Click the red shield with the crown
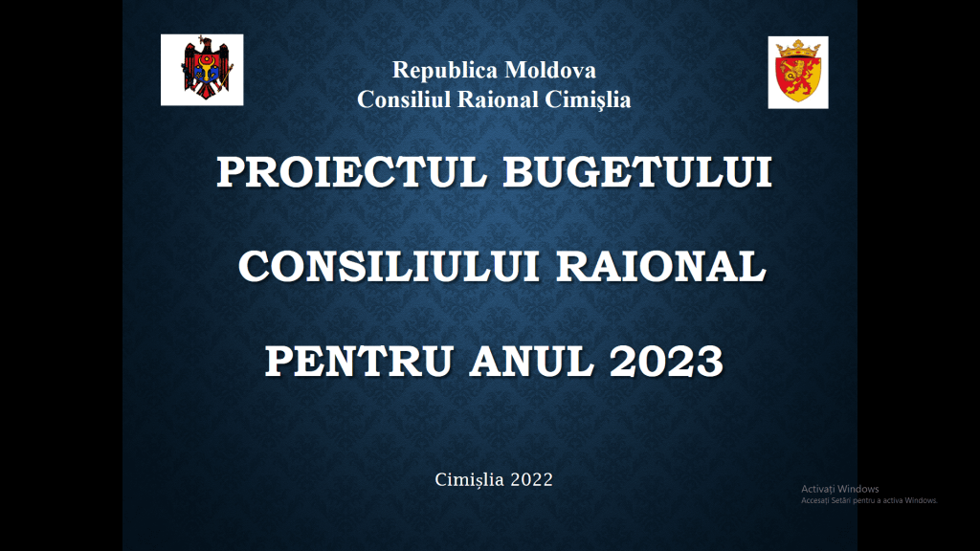pyautogui.click(x=798, y=72)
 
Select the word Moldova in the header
pyautogui.click(x=550, y=70)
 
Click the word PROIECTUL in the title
pyautogui.click(x=351, y=172)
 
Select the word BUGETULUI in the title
pyautogui.click(x=638, y=172)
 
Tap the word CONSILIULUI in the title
pyautogui.click(x=389, y=267)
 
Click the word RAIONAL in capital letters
pyautogui.click(x=661, y=267)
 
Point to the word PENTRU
pyautogui.click(x=359, y=362)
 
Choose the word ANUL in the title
pyautogui.click(x=531, y=362)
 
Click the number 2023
pyautogui.click(x=666, y=362)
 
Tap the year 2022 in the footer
pyautogui.click(x=532, y=480)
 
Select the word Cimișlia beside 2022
pyautogui.click(x=469, y=480)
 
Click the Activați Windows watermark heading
pyautogui.click(x=840, y=489)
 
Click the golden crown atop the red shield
pyautogui.click(x=798, y=48)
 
